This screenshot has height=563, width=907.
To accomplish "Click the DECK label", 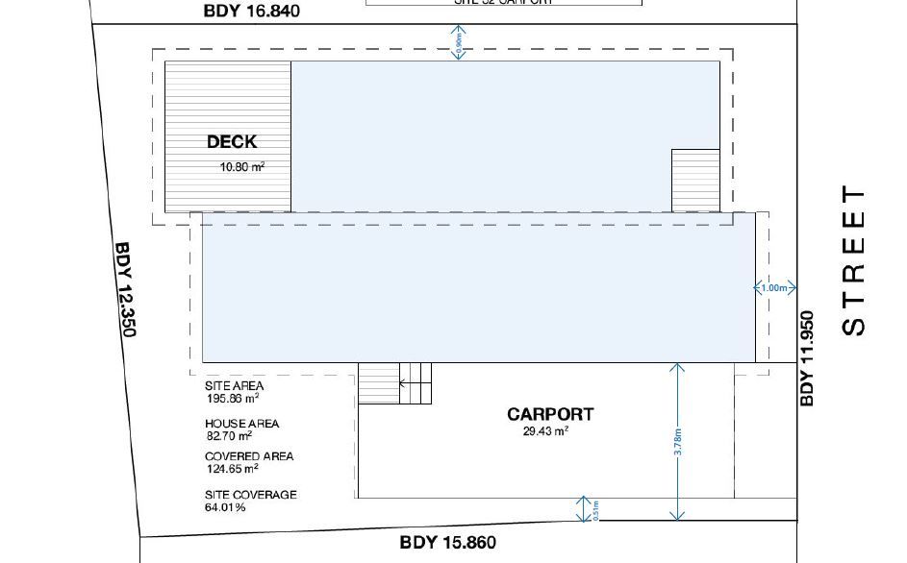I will pos(232,142).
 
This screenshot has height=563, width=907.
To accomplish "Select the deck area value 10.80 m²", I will pos(242,166).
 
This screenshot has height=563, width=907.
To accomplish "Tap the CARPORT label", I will pos(550,414).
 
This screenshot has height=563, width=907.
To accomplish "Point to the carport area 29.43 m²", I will pos(545,432).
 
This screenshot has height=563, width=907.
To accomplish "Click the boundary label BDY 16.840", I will pos(252,12).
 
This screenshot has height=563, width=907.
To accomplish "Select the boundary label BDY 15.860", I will pos(448,543).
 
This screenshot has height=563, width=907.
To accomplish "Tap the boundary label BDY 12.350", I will pos(126,289).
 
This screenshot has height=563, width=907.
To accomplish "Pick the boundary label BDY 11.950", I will pos(807,357).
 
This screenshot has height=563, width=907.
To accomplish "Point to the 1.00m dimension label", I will pos(774,288).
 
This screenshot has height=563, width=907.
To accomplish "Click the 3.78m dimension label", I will pos(678,441).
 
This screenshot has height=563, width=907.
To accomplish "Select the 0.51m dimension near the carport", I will pos(594,509).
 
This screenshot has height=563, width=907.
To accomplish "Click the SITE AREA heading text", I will pos(234,386).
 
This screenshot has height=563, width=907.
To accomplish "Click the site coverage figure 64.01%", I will pos(225,506).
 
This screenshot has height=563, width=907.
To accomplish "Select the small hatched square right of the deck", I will pos(695,181).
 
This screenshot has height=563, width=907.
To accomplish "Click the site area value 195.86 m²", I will pos(232,398).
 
